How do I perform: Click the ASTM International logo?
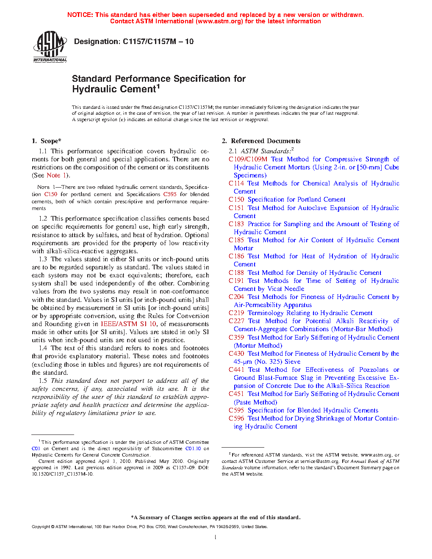50,47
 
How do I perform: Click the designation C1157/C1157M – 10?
133,42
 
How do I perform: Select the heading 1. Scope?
47,141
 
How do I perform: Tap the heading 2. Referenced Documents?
261,141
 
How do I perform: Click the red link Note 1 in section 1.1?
56,175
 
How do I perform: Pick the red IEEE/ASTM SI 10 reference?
128,324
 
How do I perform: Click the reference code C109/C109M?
248,159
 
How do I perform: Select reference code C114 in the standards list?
236,183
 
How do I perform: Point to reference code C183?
236,224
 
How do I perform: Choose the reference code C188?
236,273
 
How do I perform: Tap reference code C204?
236,297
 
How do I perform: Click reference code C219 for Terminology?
236,313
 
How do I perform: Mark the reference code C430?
236,354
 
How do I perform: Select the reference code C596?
236,418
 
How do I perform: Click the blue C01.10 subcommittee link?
193,448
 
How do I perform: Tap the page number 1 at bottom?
216,537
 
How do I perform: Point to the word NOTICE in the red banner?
80,15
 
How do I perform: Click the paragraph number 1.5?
43,381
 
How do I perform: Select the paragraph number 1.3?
43,259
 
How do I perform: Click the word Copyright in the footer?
41,527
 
